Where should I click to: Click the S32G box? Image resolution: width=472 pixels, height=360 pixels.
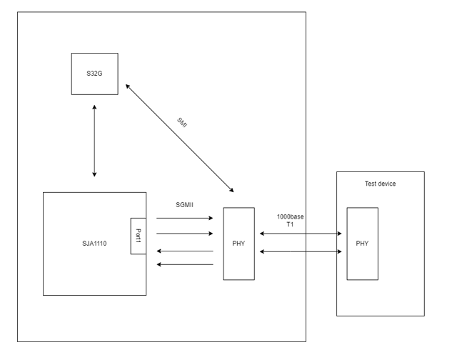tap(94, 74)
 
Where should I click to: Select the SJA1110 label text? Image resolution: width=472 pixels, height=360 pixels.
tap(94, 244)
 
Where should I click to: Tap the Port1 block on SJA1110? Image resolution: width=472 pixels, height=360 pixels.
tap(138, 235)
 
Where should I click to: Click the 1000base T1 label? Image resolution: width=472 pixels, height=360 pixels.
tap(289, 219)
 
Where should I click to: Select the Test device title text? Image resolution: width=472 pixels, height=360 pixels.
tap(380, 184)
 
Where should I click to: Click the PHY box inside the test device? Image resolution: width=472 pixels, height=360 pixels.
tap(362, 244)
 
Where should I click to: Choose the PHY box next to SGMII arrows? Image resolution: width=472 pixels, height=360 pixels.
tap(238, 244)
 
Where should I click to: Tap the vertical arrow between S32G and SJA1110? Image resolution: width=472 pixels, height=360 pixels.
tap(94, 140)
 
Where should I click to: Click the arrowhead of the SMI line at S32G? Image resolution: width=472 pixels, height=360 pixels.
tap(128, 86)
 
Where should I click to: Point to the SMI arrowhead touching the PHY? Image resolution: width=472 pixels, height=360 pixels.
tap(231, 191)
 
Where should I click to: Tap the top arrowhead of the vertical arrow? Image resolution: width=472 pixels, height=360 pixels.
tap(94, 107)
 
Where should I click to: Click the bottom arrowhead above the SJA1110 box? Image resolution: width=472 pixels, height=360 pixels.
tap(94, 174)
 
